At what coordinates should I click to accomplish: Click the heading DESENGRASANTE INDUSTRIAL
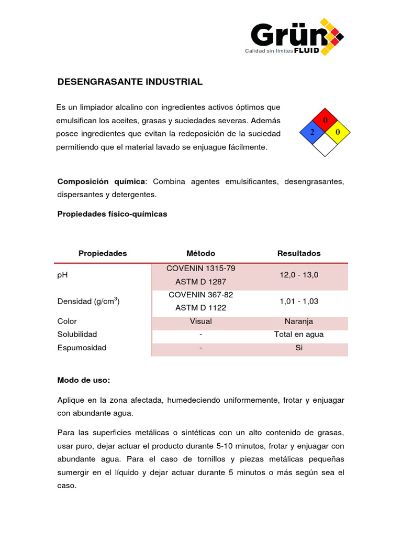pyautogui.click(x=129, y=82)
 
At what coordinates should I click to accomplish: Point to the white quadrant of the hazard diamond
pyautogui.click(x=325, y=145)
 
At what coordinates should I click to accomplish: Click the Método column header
pyautogui.click(x=200, y=253)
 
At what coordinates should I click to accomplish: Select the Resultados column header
pyautogui.click(x=299, y=253)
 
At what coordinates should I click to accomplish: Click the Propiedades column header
pyautogui.click(x=103, y=253)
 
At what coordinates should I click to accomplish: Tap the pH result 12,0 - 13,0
pyautogui.click(x=298, y=275)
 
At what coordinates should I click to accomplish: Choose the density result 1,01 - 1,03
pyautogui.click(x=298, y=301)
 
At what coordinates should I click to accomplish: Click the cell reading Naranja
pyautogui.click(x=298, y=321)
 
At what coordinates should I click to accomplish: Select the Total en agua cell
pyautogui.click(x=298, y=334)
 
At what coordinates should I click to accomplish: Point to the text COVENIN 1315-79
pyautogui.click(x=201, y=268)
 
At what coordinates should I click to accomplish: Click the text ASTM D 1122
pyautogui.click(x=201, y=308)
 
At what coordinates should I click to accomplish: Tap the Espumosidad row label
pyautogui.click(x=82, y=348)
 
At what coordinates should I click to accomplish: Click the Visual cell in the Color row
pyautogui.click(x=201, y=321)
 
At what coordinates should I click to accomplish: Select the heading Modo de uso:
pyautogui.click(x=84, y=380)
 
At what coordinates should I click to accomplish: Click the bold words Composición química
pyautogui.click(x=101, y=181)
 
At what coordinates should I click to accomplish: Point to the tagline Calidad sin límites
pyautogui.click(x=269, y=51)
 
